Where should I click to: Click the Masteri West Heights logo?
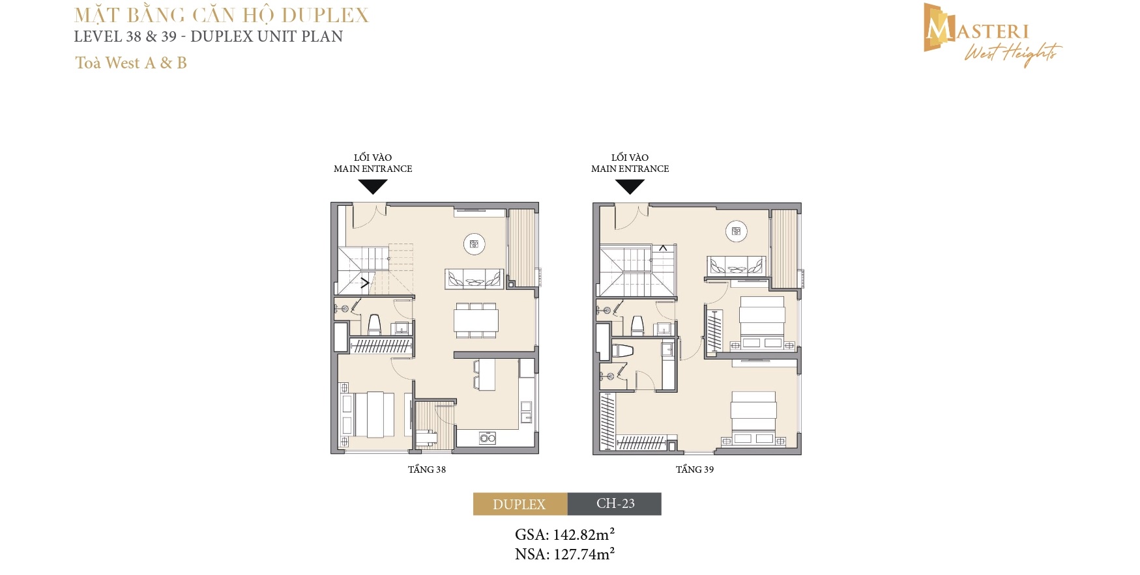coord(992,35)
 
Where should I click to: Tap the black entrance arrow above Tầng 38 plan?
coord(373,187)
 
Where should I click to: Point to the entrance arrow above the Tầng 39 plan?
coord(630,187)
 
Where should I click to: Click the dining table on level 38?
coord(476,320)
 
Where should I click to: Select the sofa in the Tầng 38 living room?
coord(475,279)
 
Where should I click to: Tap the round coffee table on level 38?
coord(474,244)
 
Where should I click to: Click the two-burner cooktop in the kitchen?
coord(488,438)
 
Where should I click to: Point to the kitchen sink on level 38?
coord(525,412)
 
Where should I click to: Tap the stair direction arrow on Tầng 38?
coord(365,283)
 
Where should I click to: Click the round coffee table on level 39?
coord(737,231)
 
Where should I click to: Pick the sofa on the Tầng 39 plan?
coord(737,266)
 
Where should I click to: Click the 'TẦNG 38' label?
coord(427,470)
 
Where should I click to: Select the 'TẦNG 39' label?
coord(695,470)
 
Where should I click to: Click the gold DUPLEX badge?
coord(520,504)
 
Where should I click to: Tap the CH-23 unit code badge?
coord(615,504)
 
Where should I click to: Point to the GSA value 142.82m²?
coord(584,535)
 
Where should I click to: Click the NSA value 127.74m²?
coord(584,554)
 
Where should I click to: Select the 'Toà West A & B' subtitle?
coord(131,63)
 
